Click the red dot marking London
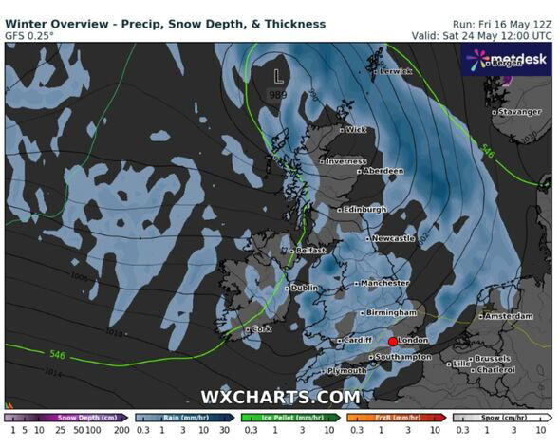393,341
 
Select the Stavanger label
519,112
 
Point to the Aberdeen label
383,171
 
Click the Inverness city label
345,161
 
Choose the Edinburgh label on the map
365,209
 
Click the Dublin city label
304,288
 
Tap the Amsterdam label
509,316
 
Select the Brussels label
493,359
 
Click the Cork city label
261,329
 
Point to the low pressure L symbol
277,73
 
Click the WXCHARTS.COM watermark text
280,397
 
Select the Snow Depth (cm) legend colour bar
65,418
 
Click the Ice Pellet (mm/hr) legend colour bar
289,418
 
